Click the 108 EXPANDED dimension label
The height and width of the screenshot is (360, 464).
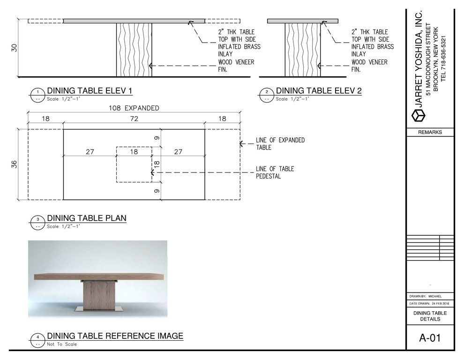tap(134, 108)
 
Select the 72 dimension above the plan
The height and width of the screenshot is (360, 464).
tap(134, 119)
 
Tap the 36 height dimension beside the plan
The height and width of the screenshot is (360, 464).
tap(14, 164)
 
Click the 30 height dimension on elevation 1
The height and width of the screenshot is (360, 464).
tap(14, 48)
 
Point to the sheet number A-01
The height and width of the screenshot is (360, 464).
tap(430, 338)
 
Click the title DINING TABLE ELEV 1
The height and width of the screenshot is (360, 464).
tap(90, 90)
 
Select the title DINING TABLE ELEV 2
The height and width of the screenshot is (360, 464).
tap(319, 90)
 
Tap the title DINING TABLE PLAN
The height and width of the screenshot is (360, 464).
tap(87, 218)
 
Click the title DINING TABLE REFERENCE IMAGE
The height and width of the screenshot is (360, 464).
tap(115, 336)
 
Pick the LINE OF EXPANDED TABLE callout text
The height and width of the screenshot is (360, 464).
tap(280, 143)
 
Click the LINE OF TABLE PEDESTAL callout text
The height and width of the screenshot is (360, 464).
tap(275, 172)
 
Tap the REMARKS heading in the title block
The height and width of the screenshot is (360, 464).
tap(430, 132)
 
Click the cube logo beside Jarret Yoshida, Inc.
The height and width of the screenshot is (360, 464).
tap(418, 115)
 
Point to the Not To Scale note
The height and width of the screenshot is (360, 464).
tap(62, 345)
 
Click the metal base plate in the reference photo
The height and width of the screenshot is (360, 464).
tap(98, 309)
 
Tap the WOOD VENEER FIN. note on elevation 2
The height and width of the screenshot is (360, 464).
tap(369, 66)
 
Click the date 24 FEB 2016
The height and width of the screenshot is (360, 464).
tap(440, 303)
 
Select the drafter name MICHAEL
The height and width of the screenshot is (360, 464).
tap(435, 296)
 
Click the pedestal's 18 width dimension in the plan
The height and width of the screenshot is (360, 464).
tap(134, 151)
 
